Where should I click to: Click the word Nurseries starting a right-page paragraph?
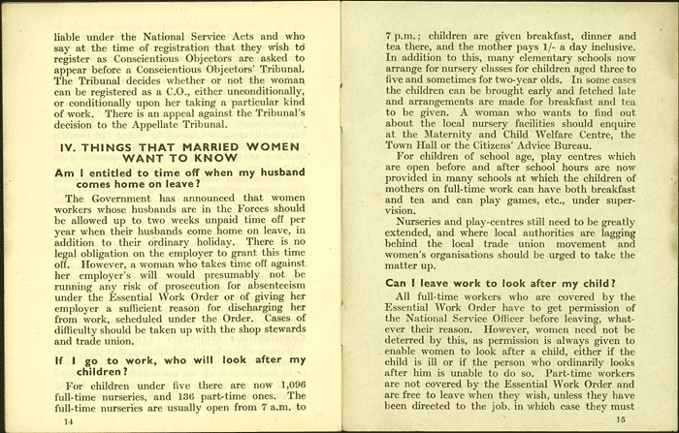411,221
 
